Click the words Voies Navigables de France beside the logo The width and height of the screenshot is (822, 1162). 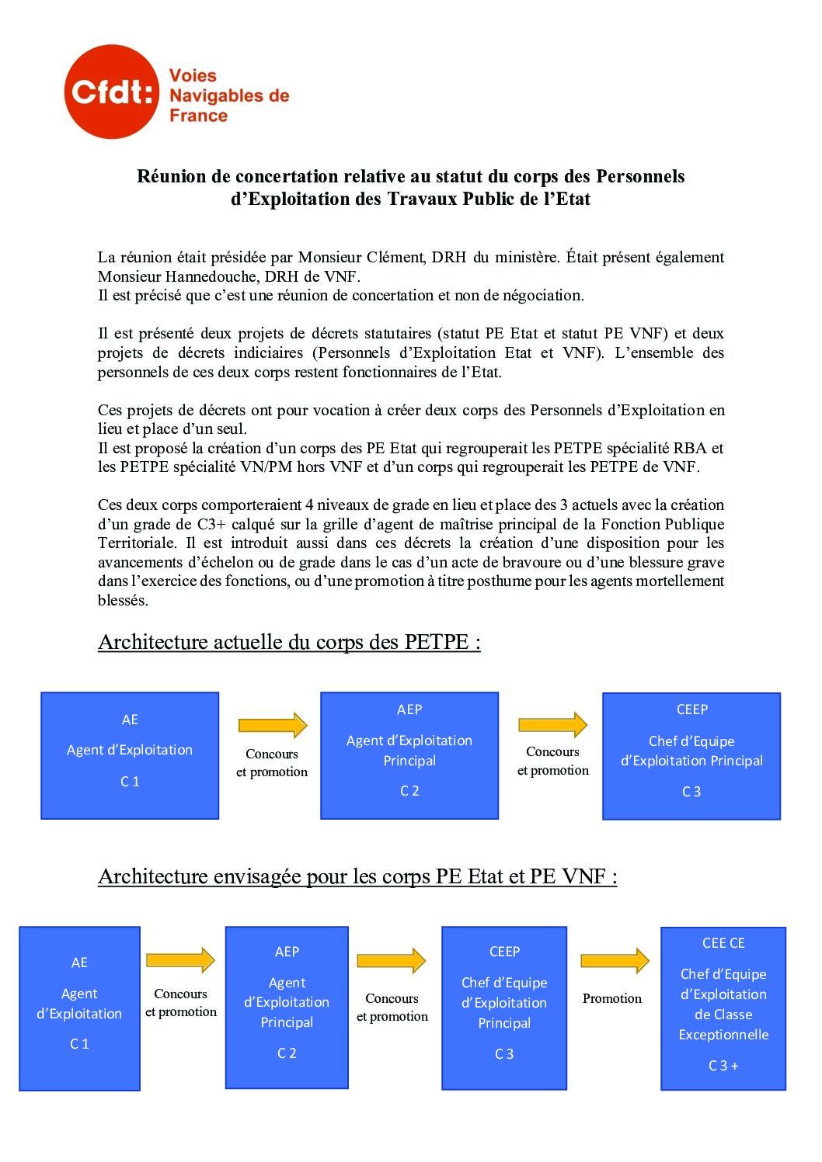[x=228, y=95]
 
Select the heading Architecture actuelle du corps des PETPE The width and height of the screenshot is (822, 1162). [x=289, y=643]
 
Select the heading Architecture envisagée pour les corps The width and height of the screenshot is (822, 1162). [x=357, y=876]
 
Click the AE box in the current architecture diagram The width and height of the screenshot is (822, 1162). [x=130, y=755]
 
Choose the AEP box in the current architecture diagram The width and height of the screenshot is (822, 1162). [x=409, y=755]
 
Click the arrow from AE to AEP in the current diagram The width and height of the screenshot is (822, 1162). [x=272, y=725]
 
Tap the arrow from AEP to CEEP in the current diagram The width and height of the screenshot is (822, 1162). [x=552, y=724]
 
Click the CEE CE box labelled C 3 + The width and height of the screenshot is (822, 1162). [x=723, y=1008]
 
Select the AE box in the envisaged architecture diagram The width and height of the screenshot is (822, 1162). [x=79, y=1008]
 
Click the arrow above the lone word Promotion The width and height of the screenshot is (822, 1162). [x=615, y=960]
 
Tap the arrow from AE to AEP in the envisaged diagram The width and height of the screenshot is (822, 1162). [x=180, y=960]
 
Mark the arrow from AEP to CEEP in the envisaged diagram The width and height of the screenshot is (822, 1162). [x=392, y=960]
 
